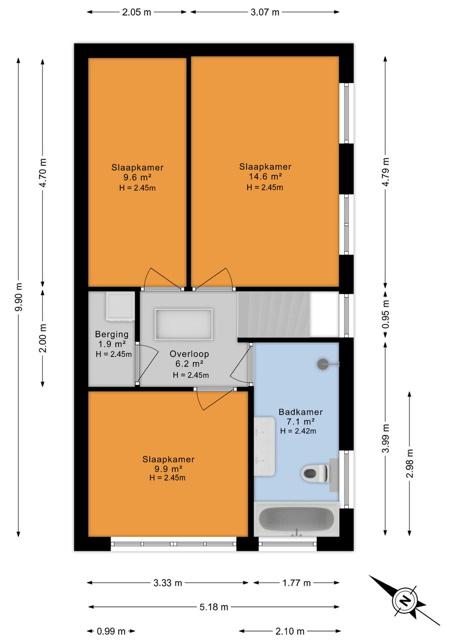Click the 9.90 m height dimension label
click(19, 297)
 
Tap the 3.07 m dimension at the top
click(265, 12)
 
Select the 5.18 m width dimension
click(214, 607)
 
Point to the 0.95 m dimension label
click(386, 314)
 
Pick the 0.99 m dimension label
click(111, 631)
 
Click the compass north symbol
click(405, 601)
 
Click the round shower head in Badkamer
click(323, 364)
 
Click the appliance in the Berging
click(120, 306)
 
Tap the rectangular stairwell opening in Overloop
click(184, 324)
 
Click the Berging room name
click(112, 334)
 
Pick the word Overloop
click(190, 354)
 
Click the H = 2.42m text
click(298, 431)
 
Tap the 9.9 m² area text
click(169, 469)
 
